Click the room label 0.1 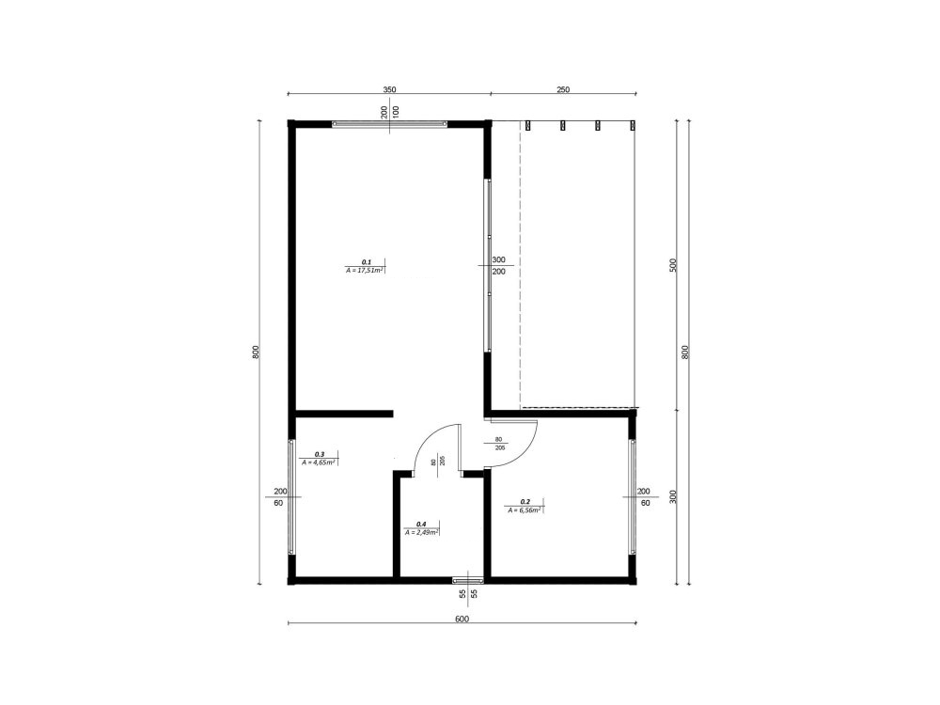pyautogui.click(x=367, y=261)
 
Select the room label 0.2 pyautogui.click(x=525, y=502)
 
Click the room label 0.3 pyautogui.click(x=320, y=454)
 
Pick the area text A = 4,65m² pyautogui.click(x=320, y=462)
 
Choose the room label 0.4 pyautogui.click(x=421, y=524)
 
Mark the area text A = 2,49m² pyautogui.click(x=422, y=532)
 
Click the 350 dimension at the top pyautogui.click(x=389, y=89)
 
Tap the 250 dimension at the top pyautogui.click(x=563, y=89)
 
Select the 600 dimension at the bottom pyautogui.click(x=462, y=619)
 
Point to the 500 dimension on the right pyautogui.click(x=673, y=265)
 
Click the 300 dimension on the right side pyautogui.click(x=673, y=495)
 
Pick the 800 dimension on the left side pyautogui.click(x=256, y=352)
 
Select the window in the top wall pyautogui.click(x=388, y=123)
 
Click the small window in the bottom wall pyautogui.click(x=467, y=579)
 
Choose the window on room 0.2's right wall pyautogui.click(x=633, y=495)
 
